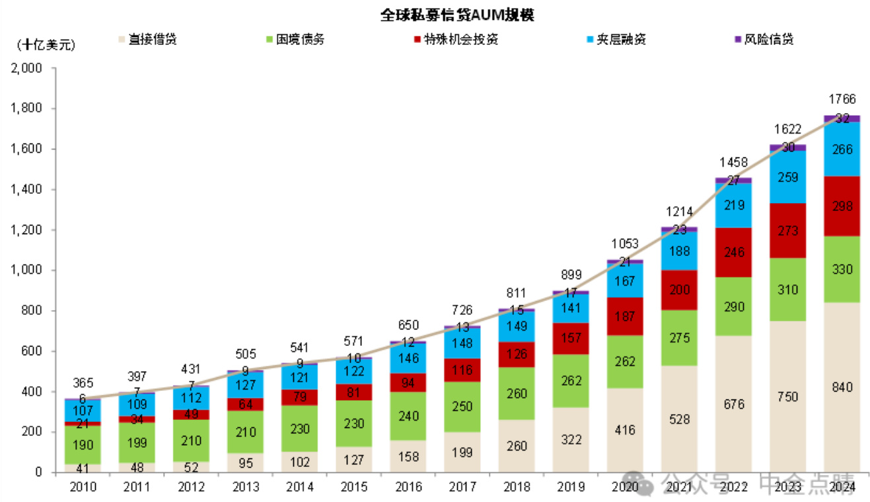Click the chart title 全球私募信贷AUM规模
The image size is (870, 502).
[456, 15]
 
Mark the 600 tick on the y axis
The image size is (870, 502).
[32, 351]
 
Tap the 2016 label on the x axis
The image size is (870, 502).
[408, 487]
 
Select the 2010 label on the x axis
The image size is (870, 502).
[83, 487]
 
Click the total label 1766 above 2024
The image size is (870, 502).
[842, 100]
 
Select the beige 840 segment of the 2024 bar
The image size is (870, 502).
[842, 388]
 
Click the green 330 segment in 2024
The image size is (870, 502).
[842, 270]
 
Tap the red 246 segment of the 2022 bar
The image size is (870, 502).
[733, 252]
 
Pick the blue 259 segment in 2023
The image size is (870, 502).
[787, 177]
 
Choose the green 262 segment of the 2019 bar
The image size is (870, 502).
[571, 381]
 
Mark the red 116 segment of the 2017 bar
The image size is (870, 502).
[462, 370]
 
